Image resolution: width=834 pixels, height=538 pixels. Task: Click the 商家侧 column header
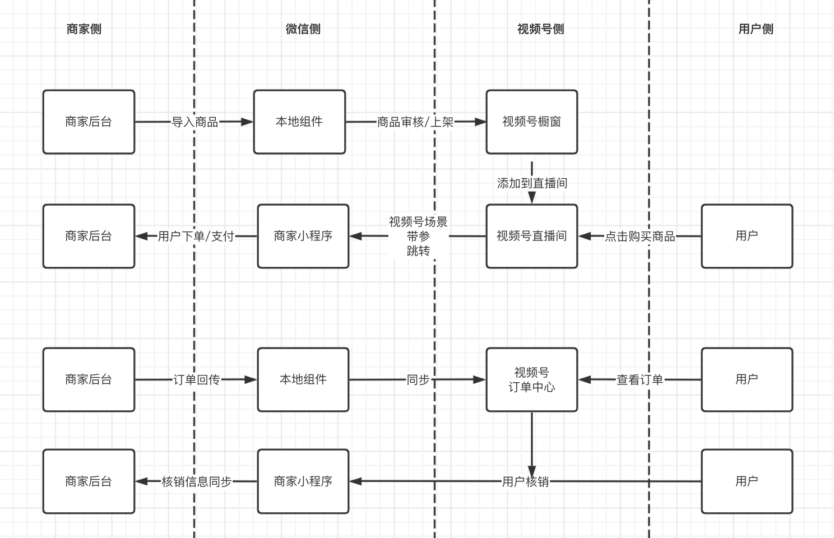(84, 29)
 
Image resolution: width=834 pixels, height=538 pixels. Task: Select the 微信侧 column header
(303, 29)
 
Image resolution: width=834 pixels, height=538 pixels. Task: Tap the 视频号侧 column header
(540, 29)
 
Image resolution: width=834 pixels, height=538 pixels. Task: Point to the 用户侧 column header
(756, 29)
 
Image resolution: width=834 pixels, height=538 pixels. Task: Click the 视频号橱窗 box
(531, 122)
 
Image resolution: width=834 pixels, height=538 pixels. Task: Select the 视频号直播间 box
(531, 236)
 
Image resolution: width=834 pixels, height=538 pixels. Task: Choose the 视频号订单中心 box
(531, 379)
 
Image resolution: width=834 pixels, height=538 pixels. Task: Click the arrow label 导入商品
(194, 122)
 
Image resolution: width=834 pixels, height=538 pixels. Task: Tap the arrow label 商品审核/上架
(415, 122)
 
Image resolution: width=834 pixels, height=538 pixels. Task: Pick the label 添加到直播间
(532, 183)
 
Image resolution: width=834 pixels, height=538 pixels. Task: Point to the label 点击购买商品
(640, 236)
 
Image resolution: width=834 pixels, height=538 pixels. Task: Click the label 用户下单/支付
(196, 236)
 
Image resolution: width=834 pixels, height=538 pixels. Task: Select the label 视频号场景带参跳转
(418, 236)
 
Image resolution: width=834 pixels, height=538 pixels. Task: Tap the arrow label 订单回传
(196, 380)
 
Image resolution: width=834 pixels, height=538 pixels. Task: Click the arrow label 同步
(418, 380)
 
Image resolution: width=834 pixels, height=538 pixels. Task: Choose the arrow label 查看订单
(640, 380)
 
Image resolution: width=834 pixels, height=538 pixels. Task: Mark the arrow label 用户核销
(525, 481)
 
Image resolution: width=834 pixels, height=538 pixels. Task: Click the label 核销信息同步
(196, 481)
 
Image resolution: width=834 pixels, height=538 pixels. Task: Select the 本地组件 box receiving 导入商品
(299, 122)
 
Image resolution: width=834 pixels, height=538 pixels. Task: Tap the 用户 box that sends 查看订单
(747, 379)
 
